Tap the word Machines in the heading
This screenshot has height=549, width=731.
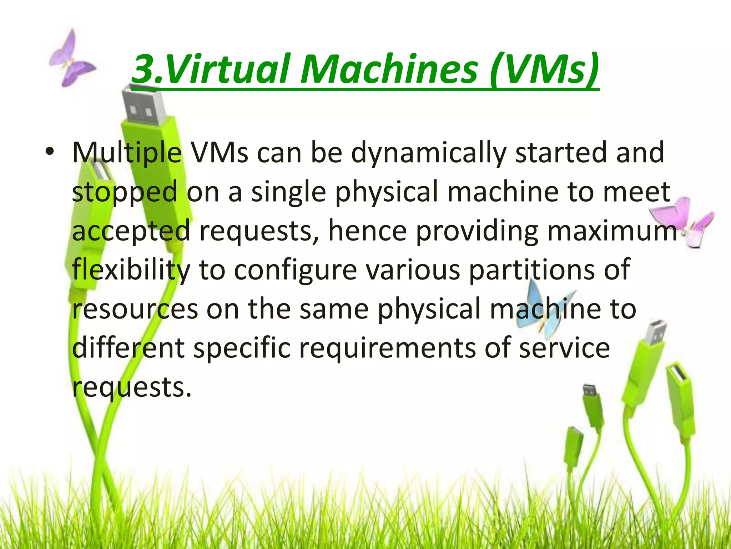pyautogui.click(x=389, y=69)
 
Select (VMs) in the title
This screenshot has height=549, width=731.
pyautogui.click(x=544, y=69)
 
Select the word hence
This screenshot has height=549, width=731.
pyautogui.click(x=367, y=231)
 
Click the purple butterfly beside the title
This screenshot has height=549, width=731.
pyautogui.click(x=71, y=59)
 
